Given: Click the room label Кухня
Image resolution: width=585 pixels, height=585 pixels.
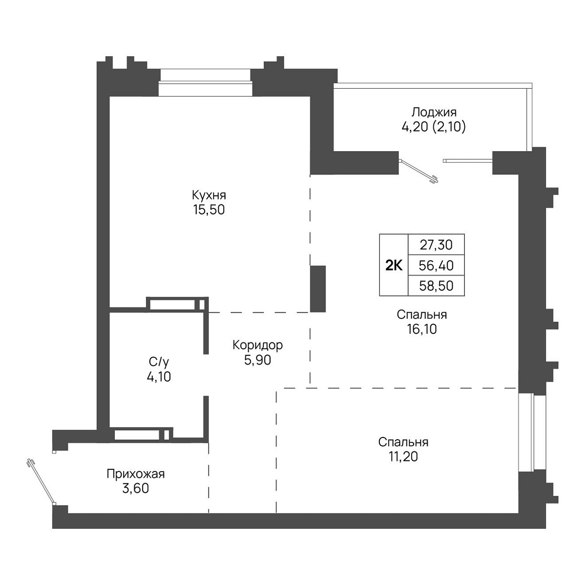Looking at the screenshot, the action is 209,195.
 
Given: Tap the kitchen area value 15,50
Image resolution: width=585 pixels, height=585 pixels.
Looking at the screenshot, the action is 209,210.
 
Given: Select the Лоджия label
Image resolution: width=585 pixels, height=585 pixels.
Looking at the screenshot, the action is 434,113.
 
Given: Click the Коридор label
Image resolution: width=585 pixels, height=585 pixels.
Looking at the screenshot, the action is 257,345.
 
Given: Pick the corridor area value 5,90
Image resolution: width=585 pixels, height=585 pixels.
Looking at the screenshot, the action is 257,360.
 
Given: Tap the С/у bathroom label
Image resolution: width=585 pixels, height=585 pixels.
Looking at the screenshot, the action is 159,362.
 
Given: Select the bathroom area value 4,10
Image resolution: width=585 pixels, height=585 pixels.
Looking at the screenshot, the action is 159,377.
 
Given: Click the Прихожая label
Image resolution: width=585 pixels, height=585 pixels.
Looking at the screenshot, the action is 135,474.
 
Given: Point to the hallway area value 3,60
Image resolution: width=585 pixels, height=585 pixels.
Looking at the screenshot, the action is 135,489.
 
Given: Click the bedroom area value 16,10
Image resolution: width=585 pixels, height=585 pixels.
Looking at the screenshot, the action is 422,329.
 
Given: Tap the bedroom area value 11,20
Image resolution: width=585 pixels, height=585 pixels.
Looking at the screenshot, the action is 403,457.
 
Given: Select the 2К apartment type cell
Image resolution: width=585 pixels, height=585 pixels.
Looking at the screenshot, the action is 394,265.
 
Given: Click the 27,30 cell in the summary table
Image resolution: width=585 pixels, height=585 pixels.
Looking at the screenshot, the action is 436,244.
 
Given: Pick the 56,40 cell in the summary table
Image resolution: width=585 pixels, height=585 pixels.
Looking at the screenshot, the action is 436,265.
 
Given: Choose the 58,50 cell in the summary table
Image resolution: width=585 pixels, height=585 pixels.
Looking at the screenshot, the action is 436,286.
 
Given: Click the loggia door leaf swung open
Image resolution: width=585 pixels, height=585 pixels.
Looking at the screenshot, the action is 419,171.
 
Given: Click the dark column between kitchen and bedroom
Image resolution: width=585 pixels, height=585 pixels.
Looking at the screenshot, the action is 318,289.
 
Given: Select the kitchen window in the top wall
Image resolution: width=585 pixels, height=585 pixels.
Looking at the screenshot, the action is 206,82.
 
